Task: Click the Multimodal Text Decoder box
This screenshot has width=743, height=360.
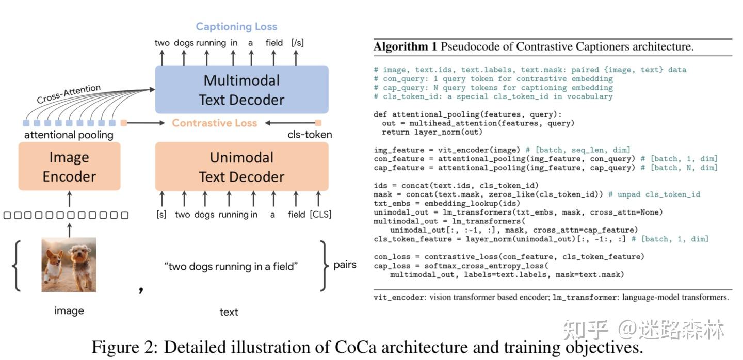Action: [x=241, y=89]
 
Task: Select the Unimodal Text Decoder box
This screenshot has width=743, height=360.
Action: [x=241, y=167]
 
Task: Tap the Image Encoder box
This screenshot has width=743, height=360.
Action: [x=69, y=167]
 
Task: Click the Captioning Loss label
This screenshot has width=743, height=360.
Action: [x=236, y=27]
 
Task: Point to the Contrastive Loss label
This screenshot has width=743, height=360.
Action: [x=214, y=123]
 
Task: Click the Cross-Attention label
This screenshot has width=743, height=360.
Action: [x=69, y=95]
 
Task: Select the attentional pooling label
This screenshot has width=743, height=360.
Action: [x=69, y=135]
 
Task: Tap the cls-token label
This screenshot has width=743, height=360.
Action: [x=310, y=135]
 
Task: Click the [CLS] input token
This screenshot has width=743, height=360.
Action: [x=320, y=214]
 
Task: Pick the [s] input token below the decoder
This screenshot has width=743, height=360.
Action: [x=161, y=214]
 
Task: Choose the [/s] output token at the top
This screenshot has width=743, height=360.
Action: [x=297, y=43]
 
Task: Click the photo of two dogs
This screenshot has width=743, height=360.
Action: [x=69, y=265]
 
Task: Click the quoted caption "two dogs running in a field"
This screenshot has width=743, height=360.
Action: [x=231, y=267]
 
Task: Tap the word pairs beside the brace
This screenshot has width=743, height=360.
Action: [x=345, y=265]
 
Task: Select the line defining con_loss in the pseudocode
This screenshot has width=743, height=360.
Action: [x=508, y=257]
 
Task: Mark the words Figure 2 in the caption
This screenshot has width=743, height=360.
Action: [x=123, y=347]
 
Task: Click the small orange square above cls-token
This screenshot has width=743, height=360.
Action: [x=318, y=123]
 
